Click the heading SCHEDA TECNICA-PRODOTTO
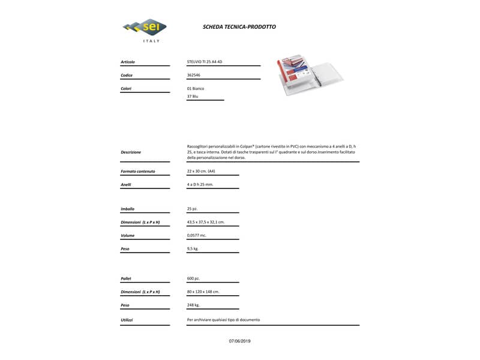(x=239, y=27)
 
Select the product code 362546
(x=194, y=75)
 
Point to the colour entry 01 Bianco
(x=196, y=88)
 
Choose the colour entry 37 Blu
(x=193, y=96)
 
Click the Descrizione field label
(x=131, y=152)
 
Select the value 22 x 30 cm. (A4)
(x=201, y=172)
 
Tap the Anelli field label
(x=126, y=184)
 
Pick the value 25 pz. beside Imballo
(x=193, y=209)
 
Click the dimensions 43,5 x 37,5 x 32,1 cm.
(x=206, y=222)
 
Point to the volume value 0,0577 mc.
(x=197, y=235)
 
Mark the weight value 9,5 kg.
(x=193, y=248)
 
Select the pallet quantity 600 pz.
(x=193, y=278)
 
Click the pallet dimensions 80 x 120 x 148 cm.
(x=203, y=292)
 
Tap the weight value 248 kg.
(x=194, y=305)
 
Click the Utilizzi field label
(x=127, y=320)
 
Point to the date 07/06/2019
(x=240, y=341)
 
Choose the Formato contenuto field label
(x=138, y=172)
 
